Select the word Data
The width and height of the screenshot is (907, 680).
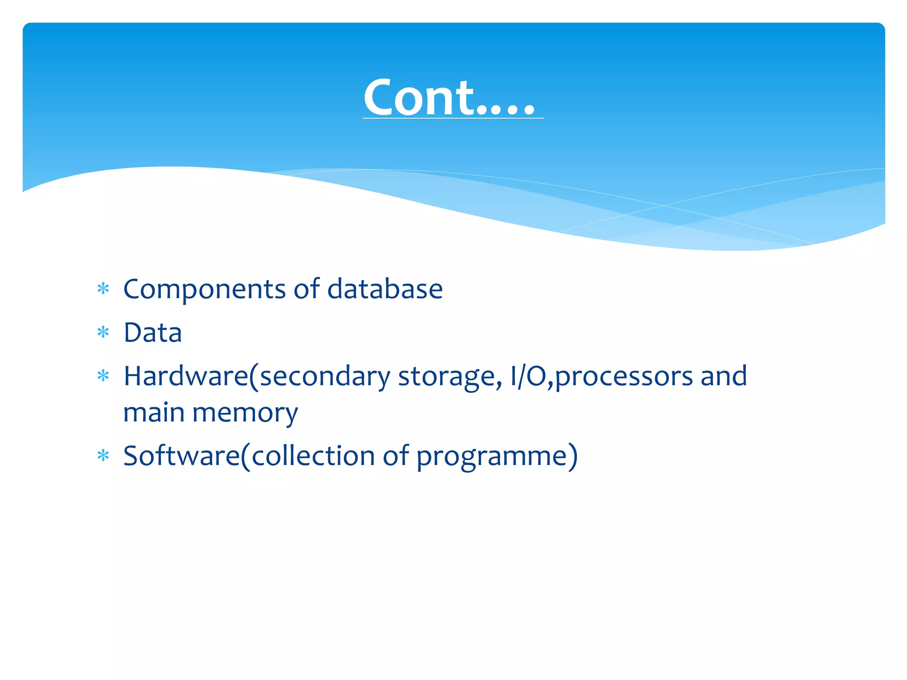(152, 333)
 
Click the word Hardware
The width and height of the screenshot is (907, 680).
(186, 376)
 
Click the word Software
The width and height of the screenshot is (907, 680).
(182, 456)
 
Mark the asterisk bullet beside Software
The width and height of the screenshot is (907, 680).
(103, 456)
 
